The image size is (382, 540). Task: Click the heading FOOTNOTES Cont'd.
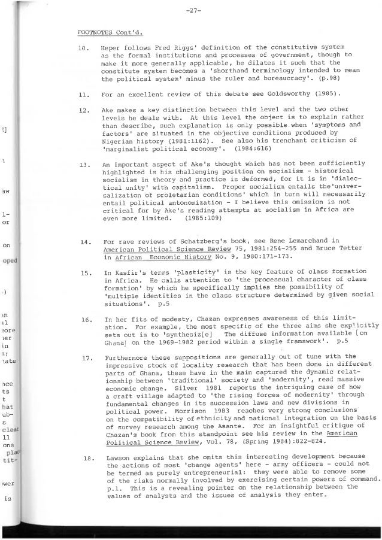(x=108, y=32)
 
